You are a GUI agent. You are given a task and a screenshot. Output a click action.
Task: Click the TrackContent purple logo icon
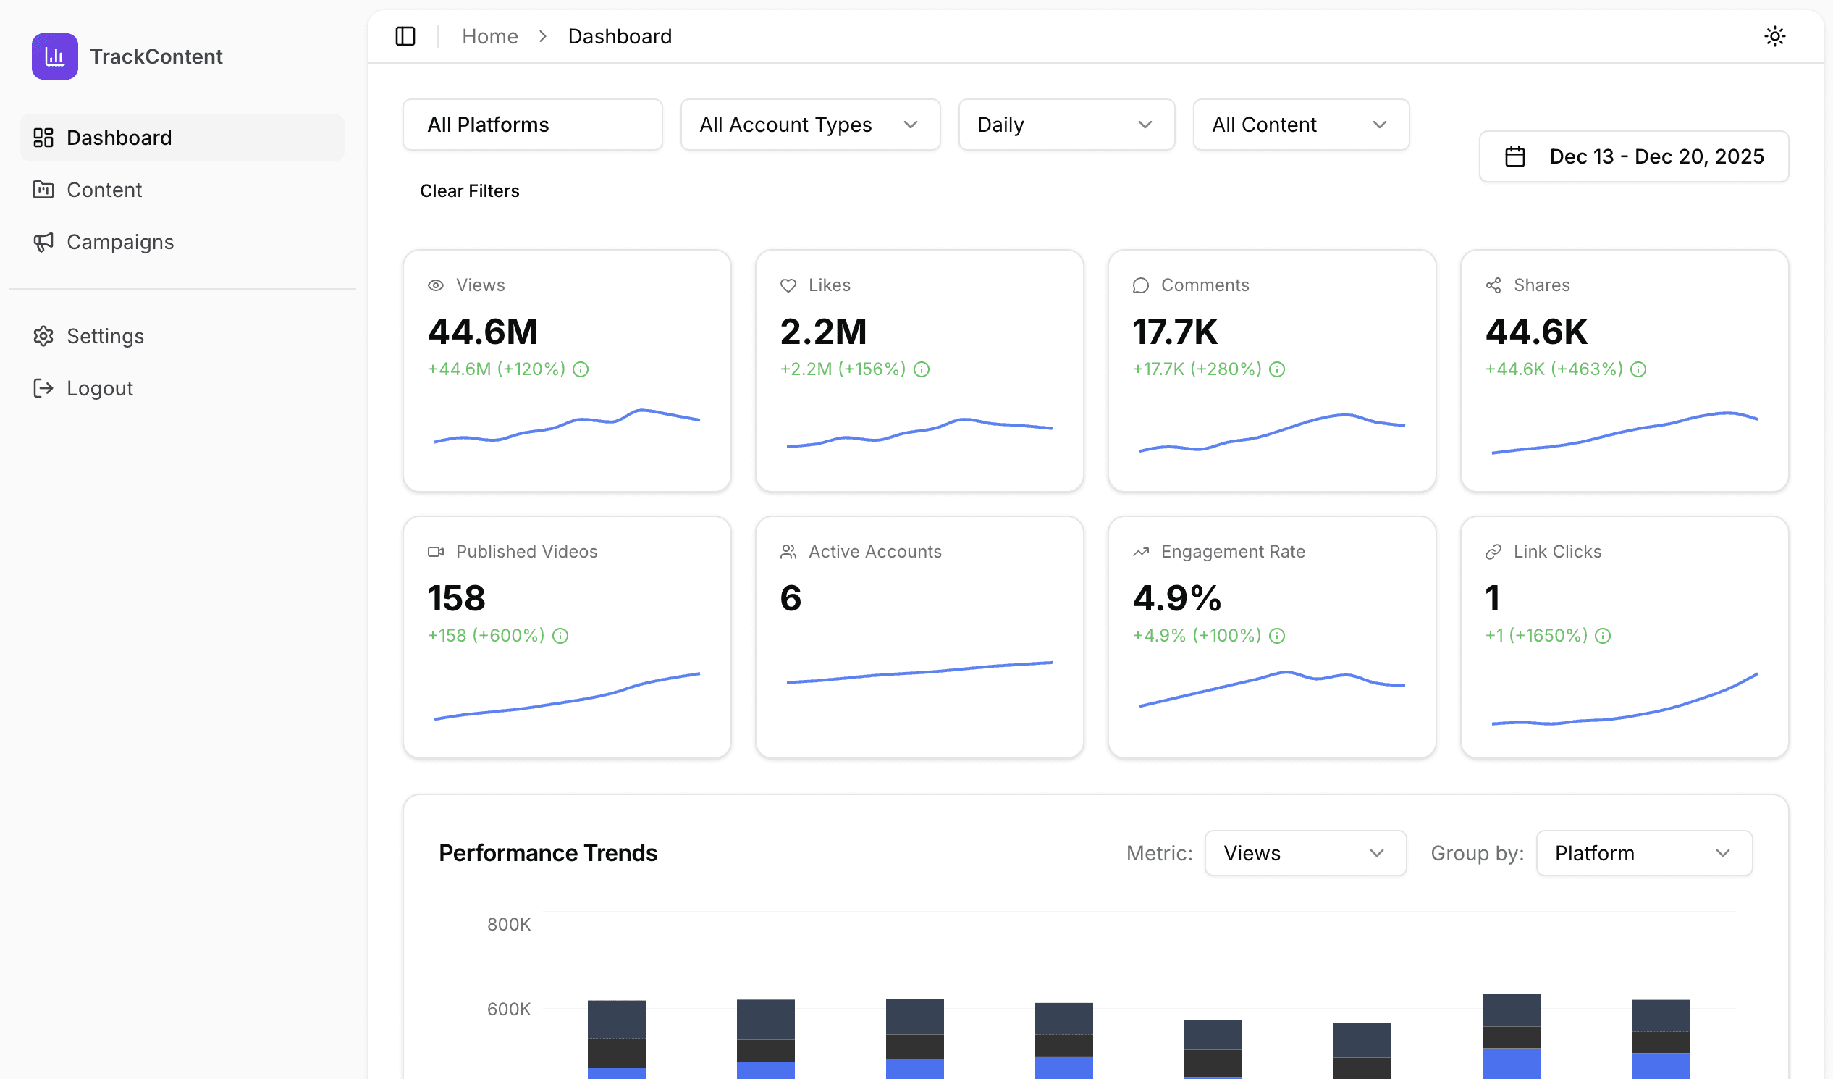click(x=54, y=56)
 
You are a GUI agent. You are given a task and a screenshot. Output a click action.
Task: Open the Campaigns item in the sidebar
click(x=120, y=242)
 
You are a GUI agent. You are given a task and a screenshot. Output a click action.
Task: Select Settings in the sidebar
click(x=105, y=336)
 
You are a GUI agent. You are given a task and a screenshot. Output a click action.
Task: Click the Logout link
click(x=100, y=389)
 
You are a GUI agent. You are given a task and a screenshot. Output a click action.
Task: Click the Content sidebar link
click(x=104, y=190)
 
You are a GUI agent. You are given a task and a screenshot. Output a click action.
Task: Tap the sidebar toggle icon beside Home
click(x=405, y=36)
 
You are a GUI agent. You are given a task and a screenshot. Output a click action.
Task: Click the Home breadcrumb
click(x=489, y=36)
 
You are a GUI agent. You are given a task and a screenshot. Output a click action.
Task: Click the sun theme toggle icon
click(x=1774, y=36)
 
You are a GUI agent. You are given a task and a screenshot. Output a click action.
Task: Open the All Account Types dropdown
click(x=809, y=125)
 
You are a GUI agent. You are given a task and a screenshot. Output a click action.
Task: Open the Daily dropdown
click(x=1066, y=125)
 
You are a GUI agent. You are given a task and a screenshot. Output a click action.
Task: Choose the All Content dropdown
click(x=1301, y=125)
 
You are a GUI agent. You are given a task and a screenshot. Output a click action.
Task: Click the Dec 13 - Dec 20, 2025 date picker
click(x=1633, y=156)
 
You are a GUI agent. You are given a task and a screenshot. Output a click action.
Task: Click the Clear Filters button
click(x=469, y=190)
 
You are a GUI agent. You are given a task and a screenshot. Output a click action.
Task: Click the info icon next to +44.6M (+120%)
click(x=581, y=369)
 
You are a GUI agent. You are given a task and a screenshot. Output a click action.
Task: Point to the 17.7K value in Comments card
click(x=1175, y=332)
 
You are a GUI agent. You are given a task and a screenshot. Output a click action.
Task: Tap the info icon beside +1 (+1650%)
click(x=1602, y=636)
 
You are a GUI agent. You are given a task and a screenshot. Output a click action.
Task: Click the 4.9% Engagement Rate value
click(x=1177, y=598)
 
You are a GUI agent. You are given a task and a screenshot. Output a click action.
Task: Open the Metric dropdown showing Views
click(x=1305, y=853)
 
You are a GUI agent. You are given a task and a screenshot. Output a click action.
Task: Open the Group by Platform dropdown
click(x=1643, y=853)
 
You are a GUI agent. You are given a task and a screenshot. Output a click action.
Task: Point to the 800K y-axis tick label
click(x=508, y=924)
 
